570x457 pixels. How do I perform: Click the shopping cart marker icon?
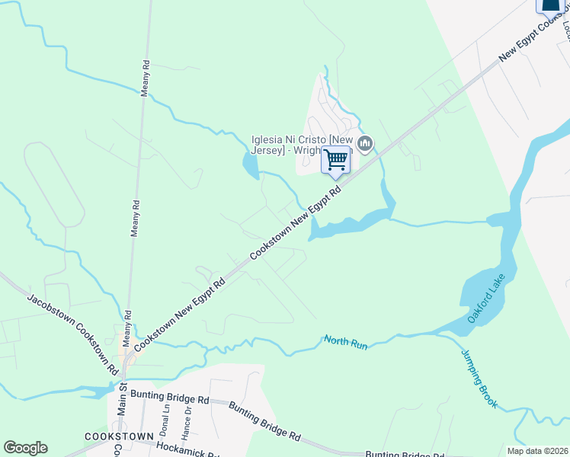335,161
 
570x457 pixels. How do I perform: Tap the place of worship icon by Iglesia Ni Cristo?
365,143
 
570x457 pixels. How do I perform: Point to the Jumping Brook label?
479,379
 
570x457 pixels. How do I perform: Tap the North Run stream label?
346,343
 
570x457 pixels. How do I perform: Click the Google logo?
25,448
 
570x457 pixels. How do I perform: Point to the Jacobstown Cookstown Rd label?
73,333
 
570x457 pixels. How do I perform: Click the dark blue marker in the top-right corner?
549,6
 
